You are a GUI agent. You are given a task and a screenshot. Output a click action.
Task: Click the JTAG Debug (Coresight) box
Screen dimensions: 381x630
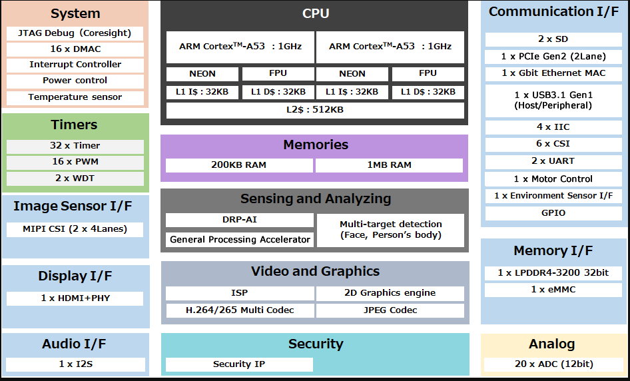(75, 33)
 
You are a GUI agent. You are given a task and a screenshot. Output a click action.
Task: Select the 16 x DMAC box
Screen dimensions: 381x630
(75, 49)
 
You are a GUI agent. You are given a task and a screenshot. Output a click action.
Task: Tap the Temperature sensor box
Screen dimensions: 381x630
(75, 97)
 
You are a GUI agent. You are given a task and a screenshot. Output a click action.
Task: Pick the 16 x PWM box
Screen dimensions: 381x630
(75, 162)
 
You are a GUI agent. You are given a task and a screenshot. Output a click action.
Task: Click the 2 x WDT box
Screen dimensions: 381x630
(75, 178)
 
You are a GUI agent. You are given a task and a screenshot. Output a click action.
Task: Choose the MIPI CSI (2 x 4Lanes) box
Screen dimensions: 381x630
(75, 229)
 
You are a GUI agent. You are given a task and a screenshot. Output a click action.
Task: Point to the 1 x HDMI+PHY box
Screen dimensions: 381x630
(75, 298)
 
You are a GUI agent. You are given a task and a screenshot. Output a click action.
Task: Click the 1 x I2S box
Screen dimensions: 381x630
(75, 364)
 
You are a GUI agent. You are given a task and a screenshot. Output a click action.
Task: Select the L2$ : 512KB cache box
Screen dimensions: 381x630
(314, 110)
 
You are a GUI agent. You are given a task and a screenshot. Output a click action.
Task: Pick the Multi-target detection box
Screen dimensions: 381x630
(390, 230)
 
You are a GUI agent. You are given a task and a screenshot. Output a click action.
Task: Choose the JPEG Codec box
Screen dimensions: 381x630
(390, 310)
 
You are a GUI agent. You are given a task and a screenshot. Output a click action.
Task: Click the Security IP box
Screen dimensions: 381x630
(239, 364)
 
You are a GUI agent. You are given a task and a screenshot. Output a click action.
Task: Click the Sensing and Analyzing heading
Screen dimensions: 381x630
(315, 199)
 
